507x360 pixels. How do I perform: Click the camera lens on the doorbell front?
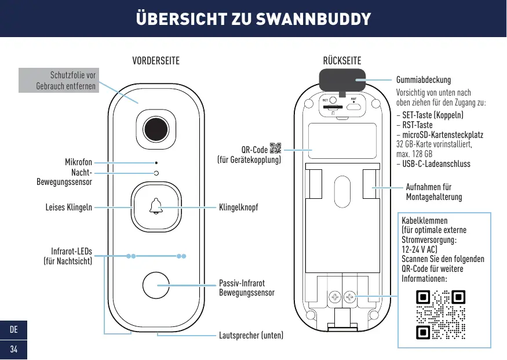pos(156,128)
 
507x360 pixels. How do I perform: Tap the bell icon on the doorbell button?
pos(156,206)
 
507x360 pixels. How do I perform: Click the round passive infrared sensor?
pos(156,286)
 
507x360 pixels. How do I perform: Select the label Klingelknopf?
pos(238,207)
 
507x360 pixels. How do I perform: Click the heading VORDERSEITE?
pos(156,61)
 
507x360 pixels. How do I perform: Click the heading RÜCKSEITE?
pos(342,61)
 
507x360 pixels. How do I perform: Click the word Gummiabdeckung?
pos(423,80)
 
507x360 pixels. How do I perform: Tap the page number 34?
pos(13,349)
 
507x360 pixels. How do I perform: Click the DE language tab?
pos(13,330)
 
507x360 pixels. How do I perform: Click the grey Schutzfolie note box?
pos(59,80)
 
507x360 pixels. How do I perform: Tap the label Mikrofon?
pos(78,162)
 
